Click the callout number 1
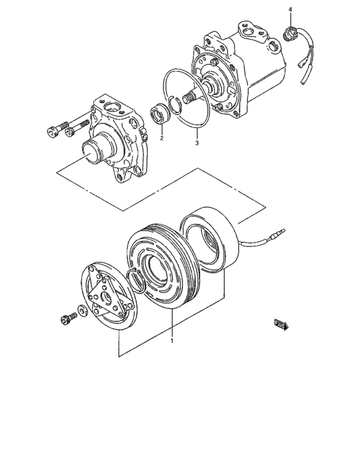172,341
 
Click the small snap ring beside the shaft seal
174,104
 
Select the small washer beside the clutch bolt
82,312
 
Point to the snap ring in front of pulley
136,281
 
